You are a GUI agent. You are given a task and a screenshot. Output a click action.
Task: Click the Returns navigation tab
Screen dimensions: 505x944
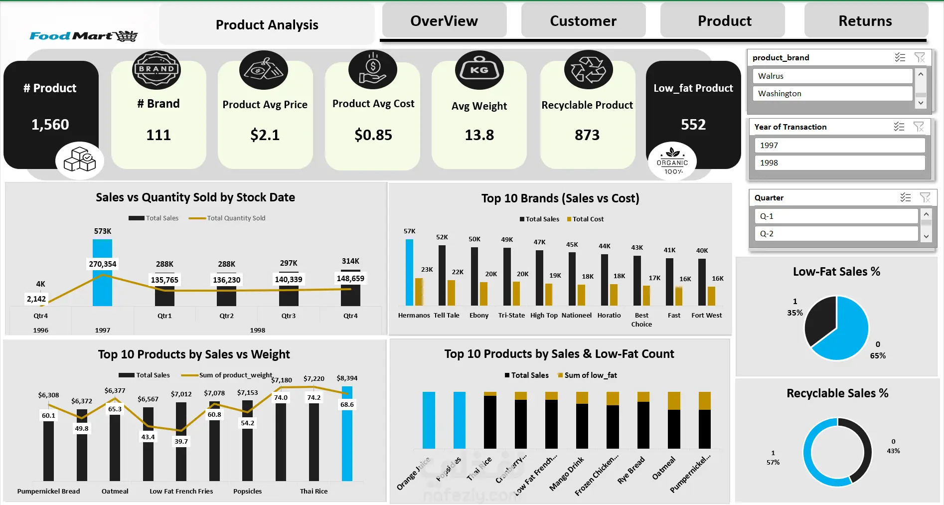(865, 21)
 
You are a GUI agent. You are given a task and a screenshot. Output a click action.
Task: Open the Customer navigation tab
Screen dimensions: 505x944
(583, 21)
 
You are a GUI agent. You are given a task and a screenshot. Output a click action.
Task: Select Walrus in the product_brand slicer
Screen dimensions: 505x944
(832, 76)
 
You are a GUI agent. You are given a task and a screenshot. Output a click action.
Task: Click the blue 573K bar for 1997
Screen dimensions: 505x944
(102, 289)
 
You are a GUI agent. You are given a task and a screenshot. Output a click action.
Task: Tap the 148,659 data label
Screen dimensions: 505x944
(350, 279)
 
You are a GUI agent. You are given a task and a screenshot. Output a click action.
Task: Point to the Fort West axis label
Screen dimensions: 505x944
(706, 315)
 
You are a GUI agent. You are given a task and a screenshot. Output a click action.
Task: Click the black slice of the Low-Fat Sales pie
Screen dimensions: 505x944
(819, 319)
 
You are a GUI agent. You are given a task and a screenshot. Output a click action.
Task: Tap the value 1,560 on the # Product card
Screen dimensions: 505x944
(50, 125)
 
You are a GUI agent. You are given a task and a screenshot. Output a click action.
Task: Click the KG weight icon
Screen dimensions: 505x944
(479, 70)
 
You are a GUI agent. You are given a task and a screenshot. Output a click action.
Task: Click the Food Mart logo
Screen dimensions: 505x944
(83, 36)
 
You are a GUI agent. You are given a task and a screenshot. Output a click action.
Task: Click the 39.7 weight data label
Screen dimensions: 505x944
(181, 441)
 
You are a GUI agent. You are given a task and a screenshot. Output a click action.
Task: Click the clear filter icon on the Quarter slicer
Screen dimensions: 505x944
(925, 197)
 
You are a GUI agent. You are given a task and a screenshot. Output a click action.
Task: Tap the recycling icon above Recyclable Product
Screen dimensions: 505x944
(588, 70)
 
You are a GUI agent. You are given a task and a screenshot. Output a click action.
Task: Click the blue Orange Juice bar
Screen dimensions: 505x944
(429, 420)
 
